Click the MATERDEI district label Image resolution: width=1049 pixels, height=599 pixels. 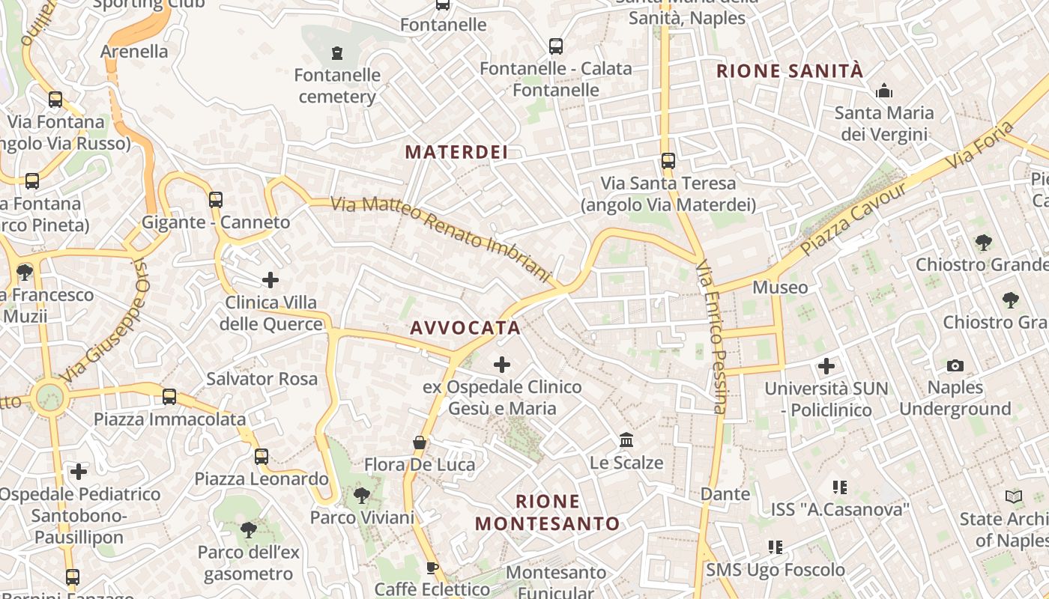(456, 152)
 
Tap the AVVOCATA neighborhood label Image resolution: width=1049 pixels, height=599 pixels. (465, 328)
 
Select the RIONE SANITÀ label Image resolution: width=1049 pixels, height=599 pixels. (790, 71)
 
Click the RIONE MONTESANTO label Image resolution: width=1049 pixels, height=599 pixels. (548, 512)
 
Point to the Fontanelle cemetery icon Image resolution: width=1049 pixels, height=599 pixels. (337, 53)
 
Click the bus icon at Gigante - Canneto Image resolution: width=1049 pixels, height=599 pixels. (216, 200)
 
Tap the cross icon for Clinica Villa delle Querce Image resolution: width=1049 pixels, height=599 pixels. (270, 281)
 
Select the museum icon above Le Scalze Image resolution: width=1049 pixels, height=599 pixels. (626, 440)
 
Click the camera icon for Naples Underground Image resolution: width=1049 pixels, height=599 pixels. (955, 365)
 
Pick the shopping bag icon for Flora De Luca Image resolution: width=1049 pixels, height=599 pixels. (420, 443)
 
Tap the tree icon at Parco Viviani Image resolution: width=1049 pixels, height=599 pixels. (361, 495)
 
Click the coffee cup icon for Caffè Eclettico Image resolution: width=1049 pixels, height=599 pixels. (432, 568)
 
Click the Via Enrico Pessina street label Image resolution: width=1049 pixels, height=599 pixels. (711, 336)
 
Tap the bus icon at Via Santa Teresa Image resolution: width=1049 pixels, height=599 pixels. (668, 161)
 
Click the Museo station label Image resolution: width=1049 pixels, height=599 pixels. (780, 288)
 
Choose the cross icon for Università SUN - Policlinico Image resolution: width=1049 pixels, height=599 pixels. (826, 366)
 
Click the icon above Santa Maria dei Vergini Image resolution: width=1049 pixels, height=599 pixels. (884, 91)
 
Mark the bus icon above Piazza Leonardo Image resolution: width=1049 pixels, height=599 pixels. (261, 456)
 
